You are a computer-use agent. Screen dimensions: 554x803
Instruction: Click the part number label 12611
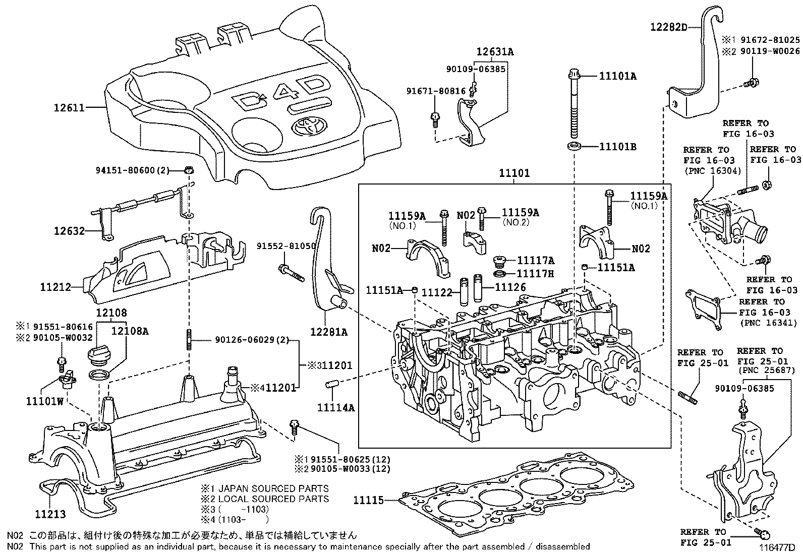pyautogui.click(x=69, y=107)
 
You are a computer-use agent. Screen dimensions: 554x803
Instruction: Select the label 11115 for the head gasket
pyautogui.click(x=368, y=500)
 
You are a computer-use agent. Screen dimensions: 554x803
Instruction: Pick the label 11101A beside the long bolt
pyautogui.click(x=617, y=76)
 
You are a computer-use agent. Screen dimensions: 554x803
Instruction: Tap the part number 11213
pyautogui.click(x=50, y=514)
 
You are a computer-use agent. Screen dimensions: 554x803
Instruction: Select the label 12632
pyautogui.click(x=70, y=231)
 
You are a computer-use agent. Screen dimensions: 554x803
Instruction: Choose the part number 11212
pyautogui.click(x=55, y=287)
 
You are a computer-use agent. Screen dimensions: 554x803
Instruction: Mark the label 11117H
pyautogui.click(x=536, y=273)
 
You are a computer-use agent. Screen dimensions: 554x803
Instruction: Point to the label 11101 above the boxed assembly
pyautogui.click(x=514, y=173)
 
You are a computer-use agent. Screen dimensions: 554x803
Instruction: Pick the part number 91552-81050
pyautogui.click(x=286, y=247)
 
